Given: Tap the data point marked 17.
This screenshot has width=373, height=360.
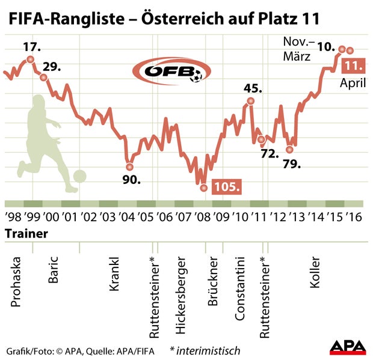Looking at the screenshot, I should [30, 59].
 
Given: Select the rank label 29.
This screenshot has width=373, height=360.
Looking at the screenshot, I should [52, 66].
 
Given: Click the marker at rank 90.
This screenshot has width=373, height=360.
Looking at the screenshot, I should [129, 166].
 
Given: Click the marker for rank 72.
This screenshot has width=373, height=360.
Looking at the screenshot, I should [261, 139].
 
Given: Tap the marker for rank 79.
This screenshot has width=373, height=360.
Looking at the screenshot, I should [290, 149].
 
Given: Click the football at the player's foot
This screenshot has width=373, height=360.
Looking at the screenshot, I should [79, 177].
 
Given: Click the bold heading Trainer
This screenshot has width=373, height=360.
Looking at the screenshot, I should [26, 233].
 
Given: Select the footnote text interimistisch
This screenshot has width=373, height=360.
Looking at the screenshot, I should [208, 350].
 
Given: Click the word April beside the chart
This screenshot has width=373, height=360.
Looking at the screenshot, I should [353, 84].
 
